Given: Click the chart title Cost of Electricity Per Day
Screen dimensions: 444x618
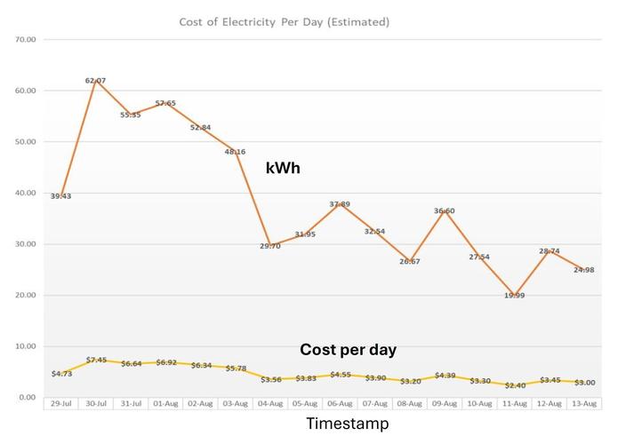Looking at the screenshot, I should pyautogui.click(x=284, y=20).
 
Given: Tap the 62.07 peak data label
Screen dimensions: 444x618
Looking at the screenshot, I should pyautogui.click(x=96, y=81).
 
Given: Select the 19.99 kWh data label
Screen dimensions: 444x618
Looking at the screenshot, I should pyautogui.click(x=515, y=296).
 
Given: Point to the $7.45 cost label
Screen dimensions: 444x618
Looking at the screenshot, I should pyautogui.click(x=96, y=360).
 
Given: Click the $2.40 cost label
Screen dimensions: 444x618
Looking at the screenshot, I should pyautogui.click(x=515, y=385).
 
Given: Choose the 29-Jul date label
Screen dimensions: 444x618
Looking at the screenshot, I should pyautogui.click(x=60, y=403).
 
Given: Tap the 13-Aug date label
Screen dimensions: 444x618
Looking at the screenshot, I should pyautogui.click(x=584, y=403).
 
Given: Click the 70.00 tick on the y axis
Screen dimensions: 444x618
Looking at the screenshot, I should pyautogui.click(x=25, y=40).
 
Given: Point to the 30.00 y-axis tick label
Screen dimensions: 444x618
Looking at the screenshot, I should pyautogui.click(x=25, y=244).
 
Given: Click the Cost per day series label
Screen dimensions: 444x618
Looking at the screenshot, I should pyautogui.click(x=348, y=350).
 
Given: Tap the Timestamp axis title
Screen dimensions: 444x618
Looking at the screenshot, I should pyautogui.click(x=348, y=424).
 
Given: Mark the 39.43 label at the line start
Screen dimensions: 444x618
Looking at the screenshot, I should pyautogui.click(x=60, y=196).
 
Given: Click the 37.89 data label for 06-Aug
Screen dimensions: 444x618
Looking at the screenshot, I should pyautogui.click(x=341, y=204).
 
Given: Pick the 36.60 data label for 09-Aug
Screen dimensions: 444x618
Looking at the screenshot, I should pyautogui.click(x=445, y=210).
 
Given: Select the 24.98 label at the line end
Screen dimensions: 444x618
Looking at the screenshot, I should pyautogui.click(x=584, y=270).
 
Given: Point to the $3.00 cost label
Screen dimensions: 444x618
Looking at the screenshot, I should pyautogui.click(x=584, y=383).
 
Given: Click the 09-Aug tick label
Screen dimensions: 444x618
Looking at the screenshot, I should pyautogui.click(x=445, y=403).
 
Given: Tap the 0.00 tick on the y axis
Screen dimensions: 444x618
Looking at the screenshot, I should pyautogui.click(x=27, y=398).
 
